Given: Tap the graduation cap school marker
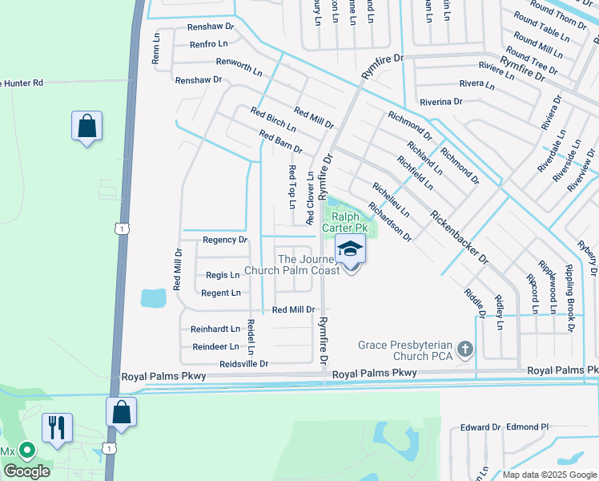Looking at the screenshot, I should click(x=350, y=250).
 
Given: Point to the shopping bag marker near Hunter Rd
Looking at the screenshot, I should click(x=86, y=126).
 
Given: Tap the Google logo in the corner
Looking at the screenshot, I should click(x=26, y=471).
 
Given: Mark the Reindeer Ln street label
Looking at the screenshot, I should click(x=215, y=347).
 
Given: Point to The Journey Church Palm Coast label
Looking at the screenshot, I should click(x=309, y=264).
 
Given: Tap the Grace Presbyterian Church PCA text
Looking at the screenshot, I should click(x=407, y=350).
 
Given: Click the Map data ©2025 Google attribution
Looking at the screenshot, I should click(x=549, y=475).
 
